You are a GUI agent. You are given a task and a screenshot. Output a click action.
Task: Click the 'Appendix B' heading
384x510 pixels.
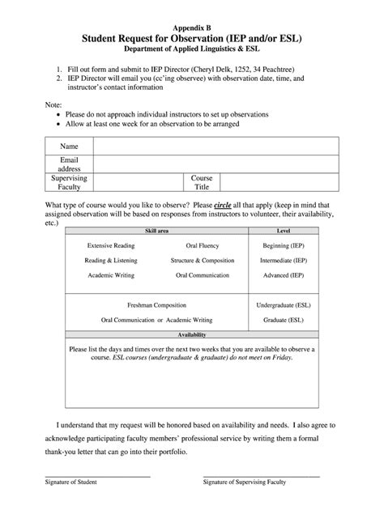coord(191,27)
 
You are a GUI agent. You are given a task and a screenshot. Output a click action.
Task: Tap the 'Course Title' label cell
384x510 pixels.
coord(202,181)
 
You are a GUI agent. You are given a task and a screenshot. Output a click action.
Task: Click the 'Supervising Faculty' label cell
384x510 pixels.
coord(69,181)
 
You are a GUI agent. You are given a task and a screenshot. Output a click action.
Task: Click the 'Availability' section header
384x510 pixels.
coord(191,334)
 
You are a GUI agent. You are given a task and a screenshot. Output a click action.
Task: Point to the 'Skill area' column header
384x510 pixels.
coord(156,232)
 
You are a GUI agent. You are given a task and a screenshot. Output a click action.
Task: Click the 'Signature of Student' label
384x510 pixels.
coord(70,482)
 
